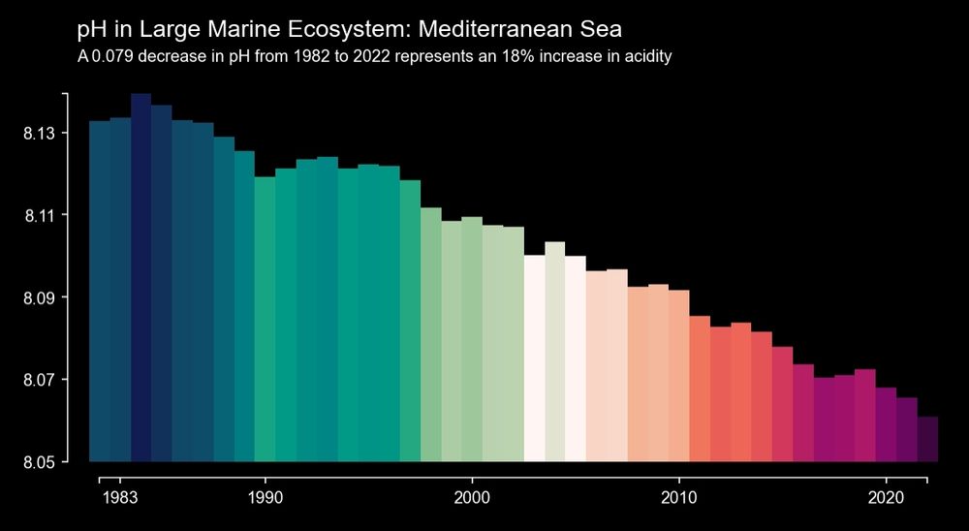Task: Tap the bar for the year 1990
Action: click(x=265, y=319)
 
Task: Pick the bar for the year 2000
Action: click(x=472, y=339)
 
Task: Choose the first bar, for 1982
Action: click(x=99, y=291)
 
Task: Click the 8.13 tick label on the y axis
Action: click(x=40, y=133)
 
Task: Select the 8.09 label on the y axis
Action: click(x=40, y=297)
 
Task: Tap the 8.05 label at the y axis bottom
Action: click(x=40, y=462)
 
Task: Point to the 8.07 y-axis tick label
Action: click(x=40, y=380)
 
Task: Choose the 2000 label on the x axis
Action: click(x=472, y=498)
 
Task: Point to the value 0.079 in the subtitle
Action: click(x=113, y=56)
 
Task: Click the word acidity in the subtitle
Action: click(x=646, y=56)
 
